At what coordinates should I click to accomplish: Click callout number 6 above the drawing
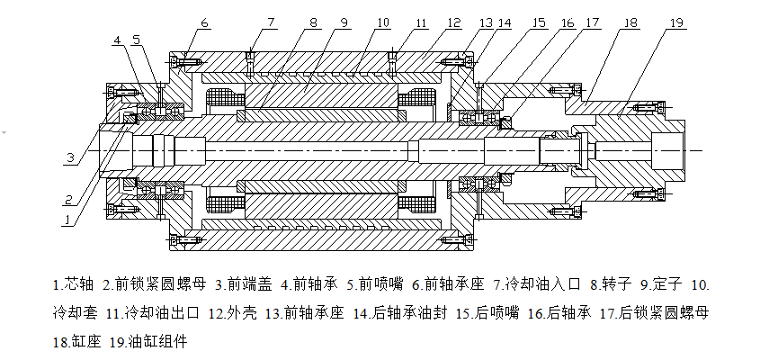(x=204, y=22)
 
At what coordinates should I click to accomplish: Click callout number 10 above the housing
(x=383, y=22)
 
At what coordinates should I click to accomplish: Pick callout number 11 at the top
(x=421, y=22)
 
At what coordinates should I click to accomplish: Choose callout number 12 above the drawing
(x=454, y=22)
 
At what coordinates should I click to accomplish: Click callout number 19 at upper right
(x=675, y=22)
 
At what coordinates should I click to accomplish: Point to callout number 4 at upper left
(x=118, y=40)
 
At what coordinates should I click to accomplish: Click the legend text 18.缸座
(x=77, y=342)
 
